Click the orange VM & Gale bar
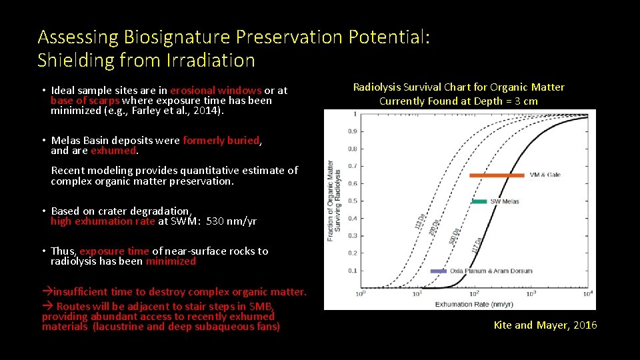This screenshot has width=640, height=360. (x=497, y=175)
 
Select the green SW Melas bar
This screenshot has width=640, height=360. (x=479, y=201)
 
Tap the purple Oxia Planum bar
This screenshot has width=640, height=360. (x=438, y=271)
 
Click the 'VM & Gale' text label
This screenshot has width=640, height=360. (x=545, y=175)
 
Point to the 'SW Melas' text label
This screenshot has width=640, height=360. (x=505, y=201)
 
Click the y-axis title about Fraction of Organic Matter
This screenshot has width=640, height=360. (x=333, y=201)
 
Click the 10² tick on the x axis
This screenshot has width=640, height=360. (x=475, y=293)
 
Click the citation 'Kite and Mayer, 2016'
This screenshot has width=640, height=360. (x=545, y=325)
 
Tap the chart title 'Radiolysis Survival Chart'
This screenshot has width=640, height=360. (x=458, y=87)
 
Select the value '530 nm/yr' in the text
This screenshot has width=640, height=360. (x=231, y=221)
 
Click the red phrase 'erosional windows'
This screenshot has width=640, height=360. (x=215, y=90)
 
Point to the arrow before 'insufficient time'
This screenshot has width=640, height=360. (x=47, y=292)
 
